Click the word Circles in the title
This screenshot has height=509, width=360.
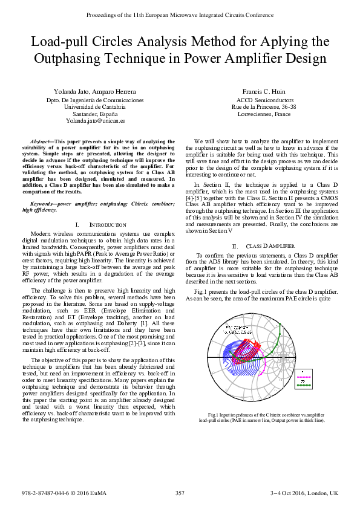pos(126,42)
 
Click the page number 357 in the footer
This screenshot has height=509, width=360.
pos(180,493)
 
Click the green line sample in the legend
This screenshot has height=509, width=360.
pos(304,385)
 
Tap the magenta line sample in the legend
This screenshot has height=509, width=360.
pos(304,371)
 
